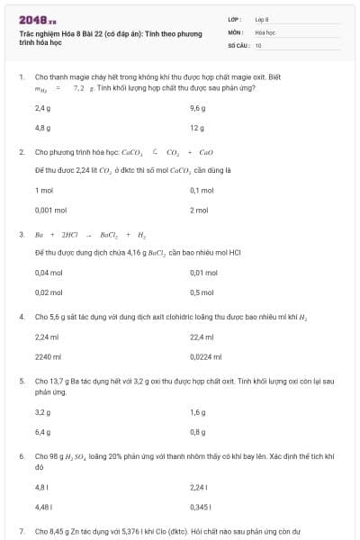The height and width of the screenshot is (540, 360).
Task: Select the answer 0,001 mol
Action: (x=50, y=210)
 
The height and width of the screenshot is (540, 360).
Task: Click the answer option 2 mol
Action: (x=199, y=210)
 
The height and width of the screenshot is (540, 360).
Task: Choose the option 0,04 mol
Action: (x=49, y=272)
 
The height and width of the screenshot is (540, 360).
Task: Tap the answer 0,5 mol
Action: (x=202, y=292)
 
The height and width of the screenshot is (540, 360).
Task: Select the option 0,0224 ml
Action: (x=204, y=355)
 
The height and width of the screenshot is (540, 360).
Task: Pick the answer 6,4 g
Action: (x=42, y=431)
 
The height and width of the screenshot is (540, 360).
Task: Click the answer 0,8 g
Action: (x=198, y=431)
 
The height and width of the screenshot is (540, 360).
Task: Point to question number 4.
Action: (x=22, y=317)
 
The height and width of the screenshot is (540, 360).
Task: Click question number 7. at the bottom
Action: (x=22, y=532)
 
